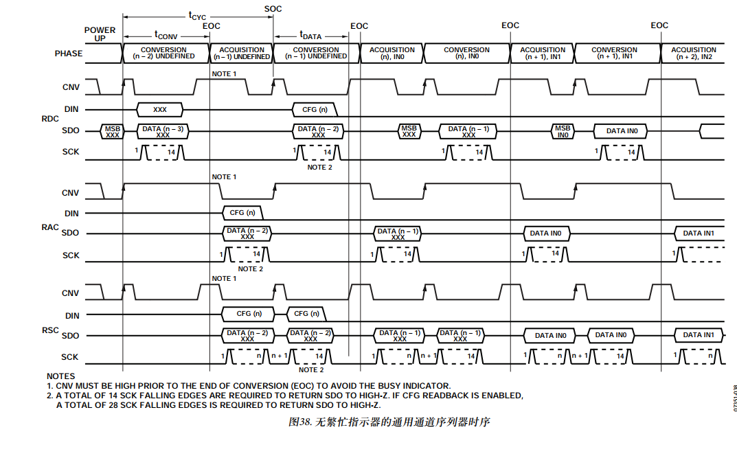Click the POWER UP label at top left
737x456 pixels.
coord(100,34)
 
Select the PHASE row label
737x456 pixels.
coord(69,54)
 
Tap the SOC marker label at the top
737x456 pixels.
coord(273,9)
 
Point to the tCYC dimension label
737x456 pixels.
coord(197,15)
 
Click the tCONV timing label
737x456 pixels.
coord(166,34)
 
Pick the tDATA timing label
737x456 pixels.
coord(310,34)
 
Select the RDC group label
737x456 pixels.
coord(51,119)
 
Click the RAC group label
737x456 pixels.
coord(51,227)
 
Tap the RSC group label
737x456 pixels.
coord(51,331)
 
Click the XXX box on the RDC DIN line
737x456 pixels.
coord(160,109)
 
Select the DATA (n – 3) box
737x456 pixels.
coord(163,131)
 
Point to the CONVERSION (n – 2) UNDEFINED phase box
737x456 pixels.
coord(163,53)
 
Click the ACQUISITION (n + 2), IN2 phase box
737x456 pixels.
coord(693,53)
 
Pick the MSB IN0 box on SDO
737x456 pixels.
coord(563,131)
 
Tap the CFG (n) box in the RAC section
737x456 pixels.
coord(242,212)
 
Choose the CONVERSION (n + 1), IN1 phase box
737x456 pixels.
coord(614,53)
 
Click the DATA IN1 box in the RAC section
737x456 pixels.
coord(699,233)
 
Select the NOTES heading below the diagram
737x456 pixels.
coord(60,376)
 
